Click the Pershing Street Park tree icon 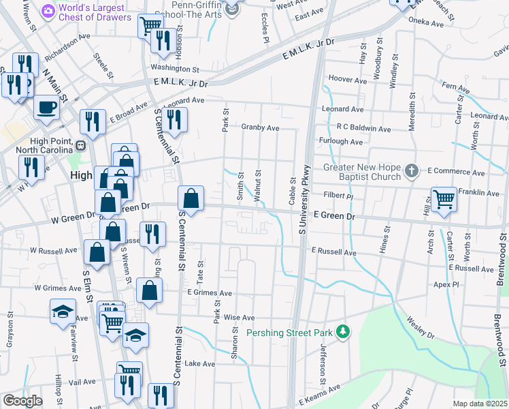[x=344, y=333]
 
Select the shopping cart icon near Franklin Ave [x=444, y=199]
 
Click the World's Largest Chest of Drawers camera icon [x=48, y=11]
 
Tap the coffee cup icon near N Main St [x=46, y=107]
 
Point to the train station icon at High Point [x=80, y=145]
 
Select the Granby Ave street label [x=260, y=127]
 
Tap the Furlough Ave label [x=342, y=142]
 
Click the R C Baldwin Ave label [x=364, y=128]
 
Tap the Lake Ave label [x=199, y=363]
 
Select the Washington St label [x=175, y=69]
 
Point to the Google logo [x=22, y=401]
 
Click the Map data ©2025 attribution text [x=480, y=404]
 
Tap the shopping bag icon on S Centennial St [x=192, y=199]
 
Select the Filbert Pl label [x=338, y=195]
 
